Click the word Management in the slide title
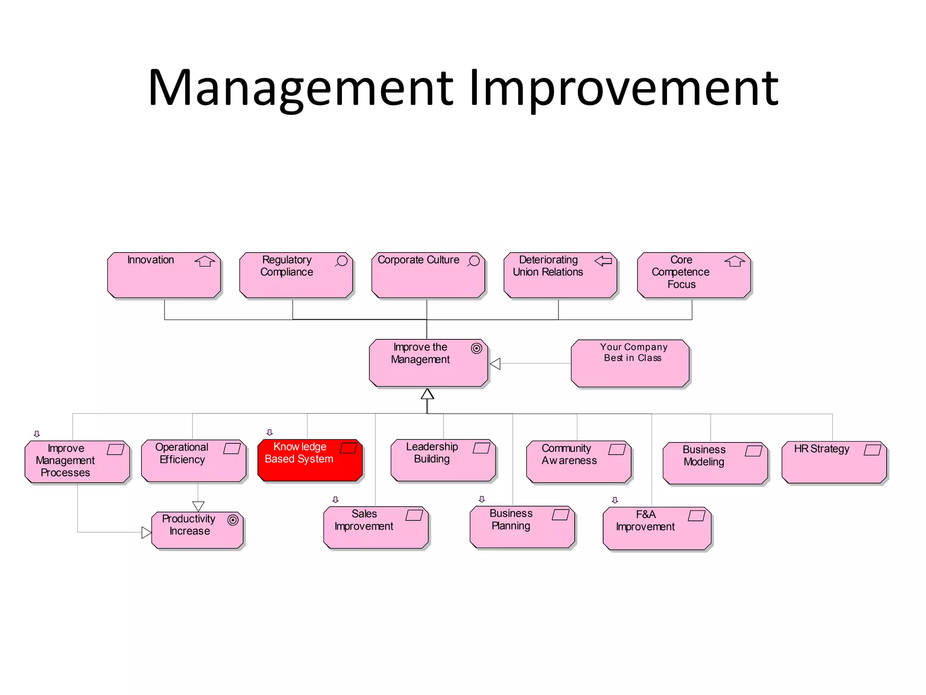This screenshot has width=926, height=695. (x=301, y=88)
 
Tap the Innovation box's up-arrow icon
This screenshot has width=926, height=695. (x=205, y=261)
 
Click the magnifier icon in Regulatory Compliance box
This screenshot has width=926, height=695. (x=342, y=261)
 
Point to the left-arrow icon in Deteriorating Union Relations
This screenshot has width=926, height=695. (x=603, y=261)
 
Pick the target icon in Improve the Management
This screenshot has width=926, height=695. (x=477, y=348)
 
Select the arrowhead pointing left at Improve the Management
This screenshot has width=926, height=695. (x=496, y=364)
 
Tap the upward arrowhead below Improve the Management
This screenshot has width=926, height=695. (x=427, y=394)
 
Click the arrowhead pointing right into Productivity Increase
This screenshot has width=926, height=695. (x=146, y=533)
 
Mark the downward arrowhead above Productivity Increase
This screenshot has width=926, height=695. (x=198, y=506)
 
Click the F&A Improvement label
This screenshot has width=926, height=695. (x=645, y=521)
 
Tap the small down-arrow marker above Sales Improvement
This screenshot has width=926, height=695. (x=335, y=500)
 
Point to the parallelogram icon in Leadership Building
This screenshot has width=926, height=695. (x=482, y=448)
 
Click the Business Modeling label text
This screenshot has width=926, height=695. (x=704, y=456)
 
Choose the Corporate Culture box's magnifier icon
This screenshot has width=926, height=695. (x=474, y=261)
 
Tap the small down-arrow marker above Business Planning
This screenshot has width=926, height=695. (x=482, y=499)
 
